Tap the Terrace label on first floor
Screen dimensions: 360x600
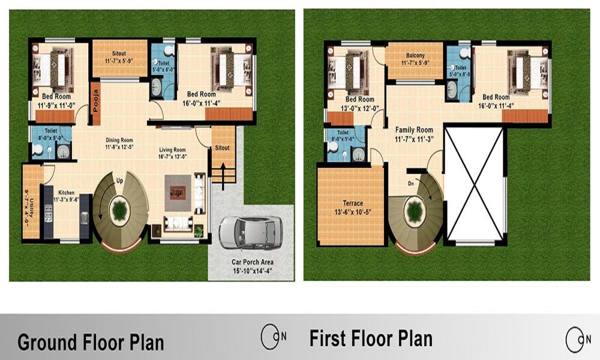tap(353, 203)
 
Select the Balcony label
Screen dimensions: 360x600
tap(415, 55)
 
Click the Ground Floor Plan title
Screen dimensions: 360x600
tap(91, 343)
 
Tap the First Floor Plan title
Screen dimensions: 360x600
tap(371, 338)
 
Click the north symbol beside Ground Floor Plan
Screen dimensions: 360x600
tap(271, 337)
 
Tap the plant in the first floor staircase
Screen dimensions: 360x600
tap(414, 211)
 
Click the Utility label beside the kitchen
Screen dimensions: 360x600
tap(28, 205)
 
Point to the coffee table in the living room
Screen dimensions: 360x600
tap(178, 191)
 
